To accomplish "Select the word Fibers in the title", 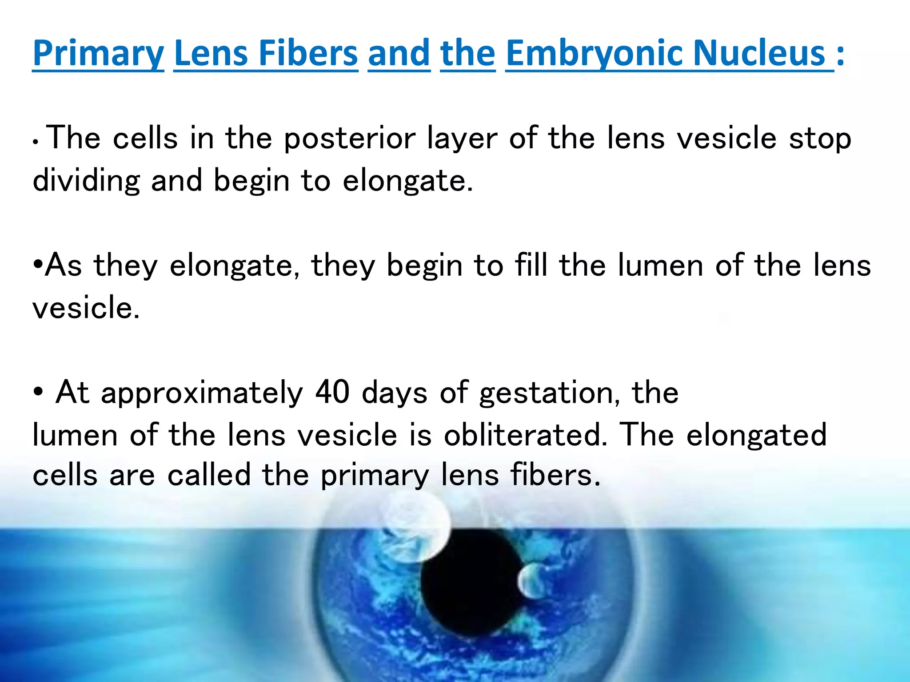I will [308, 53].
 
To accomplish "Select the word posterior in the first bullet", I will [350, 139].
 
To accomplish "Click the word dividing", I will [86, 181].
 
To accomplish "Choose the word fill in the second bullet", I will [531, 265].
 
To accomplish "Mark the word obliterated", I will [526, 434].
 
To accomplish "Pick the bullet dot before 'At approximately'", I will [38, 392].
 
